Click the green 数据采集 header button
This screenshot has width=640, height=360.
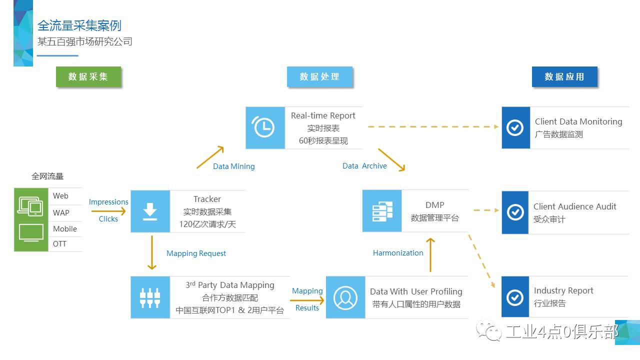pos(88,76)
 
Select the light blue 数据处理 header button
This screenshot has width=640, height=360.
pos(319,76)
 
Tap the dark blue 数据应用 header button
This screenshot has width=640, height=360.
pos(564,76)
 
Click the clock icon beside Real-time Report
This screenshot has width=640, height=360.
pos(264,127)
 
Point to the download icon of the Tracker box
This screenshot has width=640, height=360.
pos(150,211)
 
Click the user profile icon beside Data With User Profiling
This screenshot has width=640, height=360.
pos(345,297)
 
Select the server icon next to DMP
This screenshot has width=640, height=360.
pos(382,211)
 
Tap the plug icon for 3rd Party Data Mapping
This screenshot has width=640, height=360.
pos(150,297)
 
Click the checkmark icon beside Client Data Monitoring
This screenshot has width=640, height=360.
pos(515,127)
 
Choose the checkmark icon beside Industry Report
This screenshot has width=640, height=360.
pos(515,297)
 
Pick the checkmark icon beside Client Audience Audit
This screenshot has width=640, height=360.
pos(515,212)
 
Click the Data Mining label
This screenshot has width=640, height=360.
pos(233,166)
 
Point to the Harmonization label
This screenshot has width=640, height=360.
pos(398,253)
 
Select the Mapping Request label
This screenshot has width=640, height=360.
pos(196,253)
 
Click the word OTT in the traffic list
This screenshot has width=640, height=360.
pos(59,244)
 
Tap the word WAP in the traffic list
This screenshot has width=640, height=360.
pos(61,212)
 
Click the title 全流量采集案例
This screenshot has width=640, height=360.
pos(79,25)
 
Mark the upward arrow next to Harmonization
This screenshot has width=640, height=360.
pos(430,254)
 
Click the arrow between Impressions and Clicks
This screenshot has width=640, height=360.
pos(108,211)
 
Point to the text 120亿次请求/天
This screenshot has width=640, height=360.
pos(207,224)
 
